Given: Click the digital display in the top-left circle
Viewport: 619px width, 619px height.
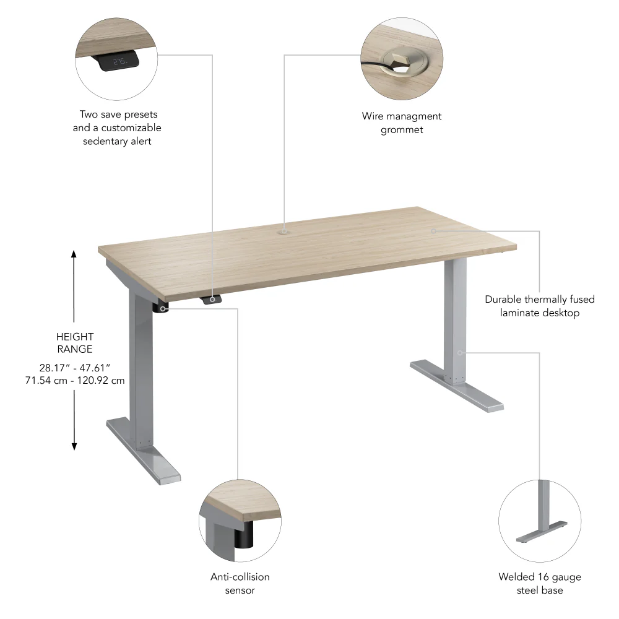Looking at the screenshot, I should [117, 62].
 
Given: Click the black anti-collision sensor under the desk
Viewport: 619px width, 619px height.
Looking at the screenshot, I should [162, 307].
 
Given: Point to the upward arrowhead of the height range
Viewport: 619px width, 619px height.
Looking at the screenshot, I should [74, 254].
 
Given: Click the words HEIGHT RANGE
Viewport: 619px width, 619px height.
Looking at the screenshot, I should [74, 343].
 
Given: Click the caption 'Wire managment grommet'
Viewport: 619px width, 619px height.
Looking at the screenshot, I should [402, 123].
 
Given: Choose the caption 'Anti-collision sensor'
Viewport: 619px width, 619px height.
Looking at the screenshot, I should [240, 583].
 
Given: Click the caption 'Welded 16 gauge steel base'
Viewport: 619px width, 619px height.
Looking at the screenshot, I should [540, 583].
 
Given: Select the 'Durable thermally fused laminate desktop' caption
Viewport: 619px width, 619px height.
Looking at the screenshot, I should [540, 306].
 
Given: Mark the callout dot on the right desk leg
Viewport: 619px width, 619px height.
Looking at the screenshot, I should [460, 353].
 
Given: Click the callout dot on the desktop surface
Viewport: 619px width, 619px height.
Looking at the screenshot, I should [433, 230].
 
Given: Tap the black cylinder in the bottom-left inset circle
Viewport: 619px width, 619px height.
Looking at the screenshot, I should [245, 535].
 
